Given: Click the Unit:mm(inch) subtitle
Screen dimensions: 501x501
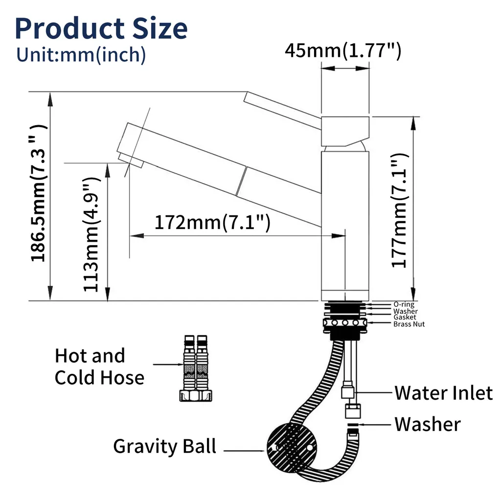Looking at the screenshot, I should (81, 55).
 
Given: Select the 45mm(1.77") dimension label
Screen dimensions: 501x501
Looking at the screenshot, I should (343, 50).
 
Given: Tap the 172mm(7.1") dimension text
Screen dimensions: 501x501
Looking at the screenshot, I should (212, 223).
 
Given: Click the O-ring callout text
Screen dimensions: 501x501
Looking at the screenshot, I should (404, 304).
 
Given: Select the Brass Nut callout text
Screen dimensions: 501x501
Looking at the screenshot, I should (409, 324).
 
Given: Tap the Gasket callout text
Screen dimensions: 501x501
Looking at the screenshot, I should (405, 318).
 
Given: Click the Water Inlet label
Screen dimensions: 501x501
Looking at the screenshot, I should (443, 392).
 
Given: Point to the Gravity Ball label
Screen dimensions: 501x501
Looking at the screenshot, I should (164, 446).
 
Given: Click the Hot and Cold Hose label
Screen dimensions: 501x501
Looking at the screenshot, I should (99, 366).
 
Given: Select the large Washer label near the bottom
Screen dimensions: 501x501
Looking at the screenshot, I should (427, 424).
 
